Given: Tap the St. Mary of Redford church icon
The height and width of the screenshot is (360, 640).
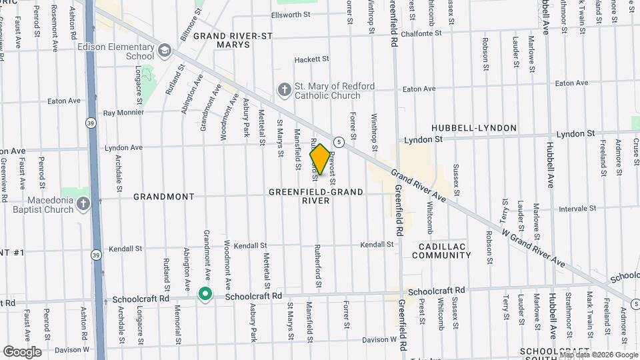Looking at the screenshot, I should tap(284, 89).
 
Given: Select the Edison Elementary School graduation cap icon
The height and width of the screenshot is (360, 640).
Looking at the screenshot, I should tap(163, 50).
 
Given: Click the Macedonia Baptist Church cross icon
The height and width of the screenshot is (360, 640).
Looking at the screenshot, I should tap(83, 203).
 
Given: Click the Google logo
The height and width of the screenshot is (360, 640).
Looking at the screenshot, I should tap(22, 351).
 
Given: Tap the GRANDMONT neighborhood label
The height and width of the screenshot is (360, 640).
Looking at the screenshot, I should tap(163, 197).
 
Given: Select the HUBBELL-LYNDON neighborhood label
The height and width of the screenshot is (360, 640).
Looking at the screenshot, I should tap(474, 127).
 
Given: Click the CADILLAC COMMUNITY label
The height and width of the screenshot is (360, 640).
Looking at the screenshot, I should tap(442, 251).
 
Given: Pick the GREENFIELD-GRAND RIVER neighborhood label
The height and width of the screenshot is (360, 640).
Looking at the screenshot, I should tap(316, 196).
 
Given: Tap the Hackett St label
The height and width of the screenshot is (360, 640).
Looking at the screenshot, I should tap(312, 59).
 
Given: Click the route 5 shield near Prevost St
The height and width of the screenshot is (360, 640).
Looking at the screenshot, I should tap(339, 141).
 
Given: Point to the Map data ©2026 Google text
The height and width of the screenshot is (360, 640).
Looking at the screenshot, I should tap(597, 354).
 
